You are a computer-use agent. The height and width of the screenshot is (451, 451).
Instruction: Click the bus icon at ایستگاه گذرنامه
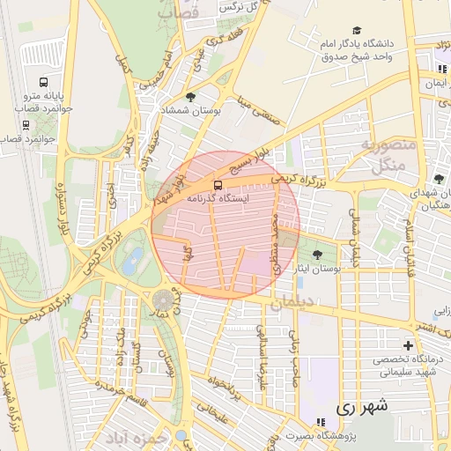[218, 185]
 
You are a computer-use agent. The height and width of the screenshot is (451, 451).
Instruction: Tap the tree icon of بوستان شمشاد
[190, 96]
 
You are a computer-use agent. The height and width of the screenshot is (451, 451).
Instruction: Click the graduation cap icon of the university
[356, 30]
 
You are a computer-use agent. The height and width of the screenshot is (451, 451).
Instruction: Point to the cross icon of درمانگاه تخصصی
[407, 344]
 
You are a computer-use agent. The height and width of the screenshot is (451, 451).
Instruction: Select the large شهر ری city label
[361, 409]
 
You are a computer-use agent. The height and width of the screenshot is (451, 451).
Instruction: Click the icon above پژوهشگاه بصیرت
[309, 422]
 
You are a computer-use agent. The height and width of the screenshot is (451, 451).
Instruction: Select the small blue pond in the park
[133, 261]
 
